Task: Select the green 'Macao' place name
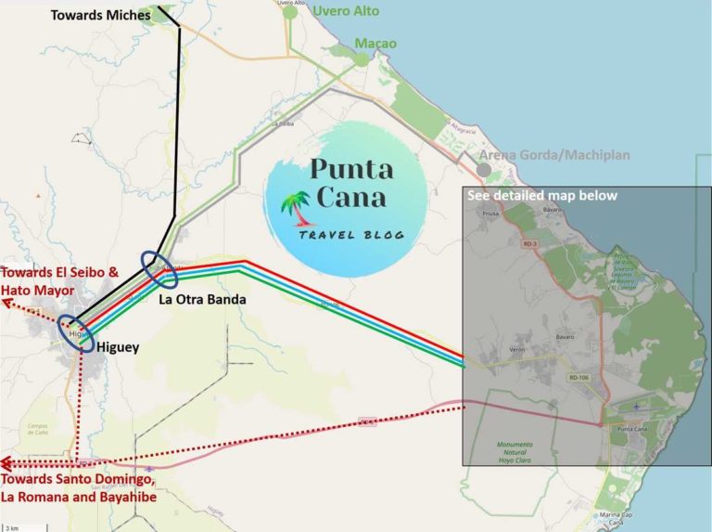[375, 44]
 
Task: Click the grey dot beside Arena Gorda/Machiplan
[484, 171]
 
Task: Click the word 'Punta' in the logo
[351, 169]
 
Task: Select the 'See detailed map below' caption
[542, 196]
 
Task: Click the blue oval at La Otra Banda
[159, 268]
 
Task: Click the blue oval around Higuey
[75, 334]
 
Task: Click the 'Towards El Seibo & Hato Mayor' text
[60, 281]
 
